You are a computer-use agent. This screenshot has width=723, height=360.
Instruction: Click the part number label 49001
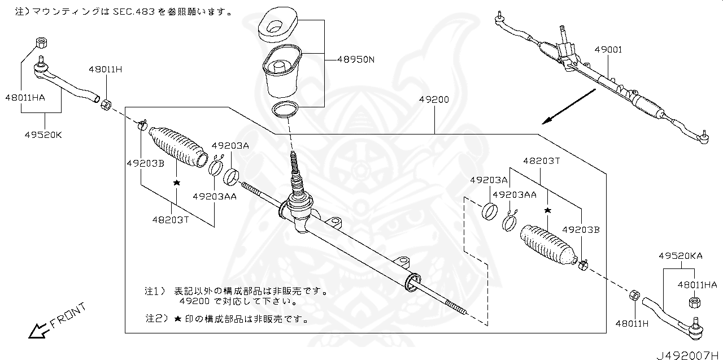[x=608, y=50]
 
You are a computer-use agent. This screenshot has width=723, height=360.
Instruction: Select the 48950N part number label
[x=356, y=59]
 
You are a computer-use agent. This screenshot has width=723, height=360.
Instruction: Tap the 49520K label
[x=43, y=136]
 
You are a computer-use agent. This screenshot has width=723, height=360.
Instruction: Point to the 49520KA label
[x=680, y=256]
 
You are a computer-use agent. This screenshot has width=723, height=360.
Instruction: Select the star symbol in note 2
[x=177, y=319]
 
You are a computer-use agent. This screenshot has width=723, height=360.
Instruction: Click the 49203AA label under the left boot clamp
[x=214, y=197]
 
